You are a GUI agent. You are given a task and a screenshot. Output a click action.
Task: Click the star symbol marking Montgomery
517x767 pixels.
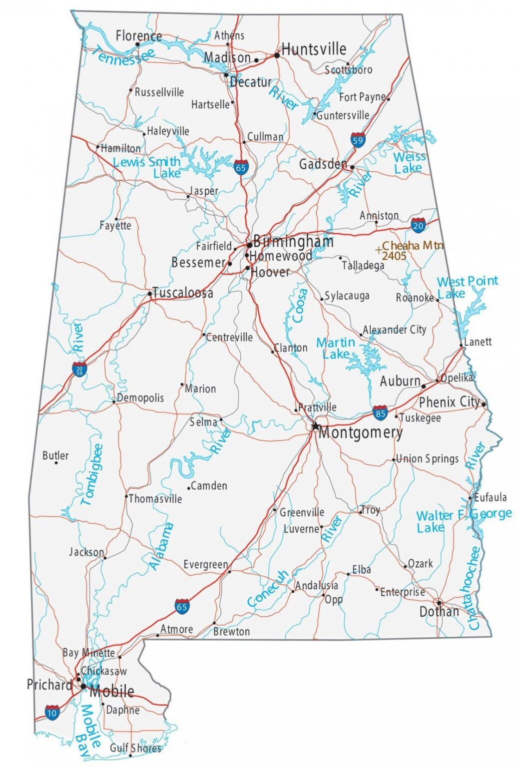click(x=315, y=426)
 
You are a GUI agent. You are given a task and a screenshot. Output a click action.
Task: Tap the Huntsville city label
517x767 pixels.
click(x=314, y=49)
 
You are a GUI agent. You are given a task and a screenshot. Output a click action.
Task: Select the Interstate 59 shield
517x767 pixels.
click(x=358, y=139)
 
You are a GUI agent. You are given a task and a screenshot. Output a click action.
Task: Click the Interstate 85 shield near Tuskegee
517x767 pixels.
click(x=380, y=413)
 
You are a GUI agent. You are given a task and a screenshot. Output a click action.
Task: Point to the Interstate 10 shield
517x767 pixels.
click(x=52, y=712)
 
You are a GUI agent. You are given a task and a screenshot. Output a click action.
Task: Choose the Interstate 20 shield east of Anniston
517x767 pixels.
click(x=418, y=225)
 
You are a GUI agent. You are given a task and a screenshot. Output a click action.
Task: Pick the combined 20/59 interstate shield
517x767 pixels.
click(x=79, y=370)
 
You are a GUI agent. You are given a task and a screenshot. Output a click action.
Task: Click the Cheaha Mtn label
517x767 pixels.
click(x=412, y=246)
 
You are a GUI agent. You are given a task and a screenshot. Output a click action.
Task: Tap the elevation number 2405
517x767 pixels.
click(x=394, y=256)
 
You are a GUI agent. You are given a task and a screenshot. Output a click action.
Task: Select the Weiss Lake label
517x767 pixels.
click(x=409, y=163)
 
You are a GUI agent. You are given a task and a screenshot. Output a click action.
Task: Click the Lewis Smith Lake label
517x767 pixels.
click(x=147, y=167)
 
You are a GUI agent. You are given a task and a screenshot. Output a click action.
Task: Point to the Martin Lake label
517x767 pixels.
click(x=336, y=348)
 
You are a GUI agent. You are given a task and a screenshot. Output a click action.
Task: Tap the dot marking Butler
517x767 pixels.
click(x=56, y=463)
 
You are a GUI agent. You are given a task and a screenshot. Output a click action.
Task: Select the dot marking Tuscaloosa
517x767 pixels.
click(x=150, y=294)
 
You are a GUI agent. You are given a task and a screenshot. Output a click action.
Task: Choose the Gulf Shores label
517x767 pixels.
click(x=135, y=748)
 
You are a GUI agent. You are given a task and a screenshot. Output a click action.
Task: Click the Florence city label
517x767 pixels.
click(x=138, y=36)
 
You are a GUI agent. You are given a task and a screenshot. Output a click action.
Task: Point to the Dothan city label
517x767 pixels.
click(x=439, y=612)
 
